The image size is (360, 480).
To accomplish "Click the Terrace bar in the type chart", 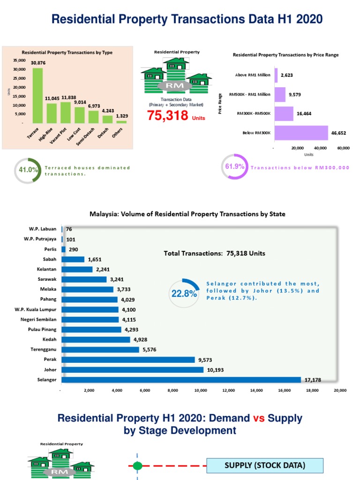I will click(x=37, y=96).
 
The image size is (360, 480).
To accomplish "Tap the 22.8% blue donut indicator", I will click(x=184, y=293).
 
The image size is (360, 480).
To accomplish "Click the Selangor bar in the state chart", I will click(x=181, y=380).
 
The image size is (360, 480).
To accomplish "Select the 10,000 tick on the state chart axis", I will click(x=201, y=390).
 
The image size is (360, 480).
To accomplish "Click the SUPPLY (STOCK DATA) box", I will click(x=265, y=465).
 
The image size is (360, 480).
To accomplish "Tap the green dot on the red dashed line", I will click(x=137, y=466).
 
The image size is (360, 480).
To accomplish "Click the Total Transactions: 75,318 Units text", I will click(x=214, y=253).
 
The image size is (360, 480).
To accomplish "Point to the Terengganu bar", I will click(x=100, y=350).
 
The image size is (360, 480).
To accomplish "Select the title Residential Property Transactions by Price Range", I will click(x=285, y=55).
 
